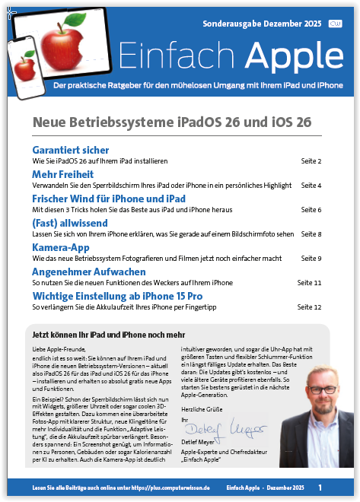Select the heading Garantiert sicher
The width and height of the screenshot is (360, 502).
tap(71, 150)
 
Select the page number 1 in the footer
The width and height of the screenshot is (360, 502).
tap(320, 487)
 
